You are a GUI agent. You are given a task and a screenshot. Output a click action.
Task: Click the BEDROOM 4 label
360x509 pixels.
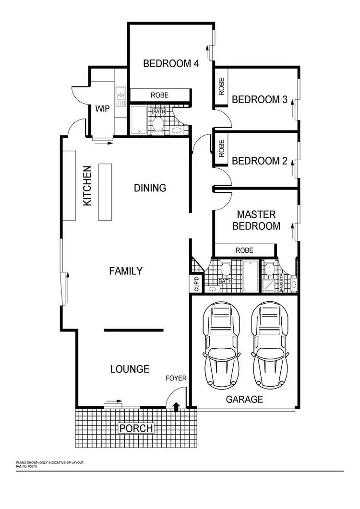click(x=171, y=63)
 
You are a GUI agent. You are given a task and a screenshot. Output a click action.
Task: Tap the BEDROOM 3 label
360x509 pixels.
click(x=260, y=100)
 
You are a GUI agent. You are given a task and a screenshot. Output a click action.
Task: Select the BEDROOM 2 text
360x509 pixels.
click(x=260, y=161)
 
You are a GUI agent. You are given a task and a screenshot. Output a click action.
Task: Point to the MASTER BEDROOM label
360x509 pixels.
click(x=256, y=220)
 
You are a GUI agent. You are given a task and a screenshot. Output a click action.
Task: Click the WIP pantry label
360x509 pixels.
click(x=102, y=109)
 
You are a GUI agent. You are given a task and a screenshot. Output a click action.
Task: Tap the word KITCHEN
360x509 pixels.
click(x=87, y=186)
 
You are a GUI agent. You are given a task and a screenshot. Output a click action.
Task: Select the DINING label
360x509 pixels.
click(x=150, y=188)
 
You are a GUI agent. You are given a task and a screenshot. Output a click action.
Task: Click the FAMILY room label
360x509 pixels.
click(x=126, y=271)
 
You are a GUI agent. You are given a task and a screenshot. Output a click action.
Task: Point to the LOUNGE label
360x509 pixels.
click(x=130, y=369)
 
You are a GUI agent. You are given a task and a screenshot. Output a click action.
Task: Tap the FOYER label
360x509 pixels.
click(x=176, y=379)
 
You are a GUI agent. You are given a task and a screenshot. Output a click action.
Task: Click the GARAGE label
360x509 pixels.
click(x=244, y=399)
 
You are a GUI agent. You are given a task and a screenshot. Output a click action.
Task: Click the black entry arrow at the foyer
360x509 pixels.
click(x=176, y=407)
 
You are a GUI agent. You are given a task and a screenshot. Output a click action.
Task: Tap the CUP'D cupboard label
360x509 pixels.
click(x=197, y=283)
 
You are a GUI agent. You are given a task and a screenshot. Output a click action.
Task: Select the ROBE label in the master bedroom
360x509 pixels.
click(x=244, y=250)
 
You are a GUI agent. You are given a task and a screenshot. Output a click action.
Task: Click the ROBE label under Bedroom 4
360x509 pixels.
click(x=160, y=95)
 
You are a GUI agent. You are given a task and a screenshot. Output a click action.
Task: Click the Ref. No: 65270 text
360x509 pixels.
click(x=26, y=466)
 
